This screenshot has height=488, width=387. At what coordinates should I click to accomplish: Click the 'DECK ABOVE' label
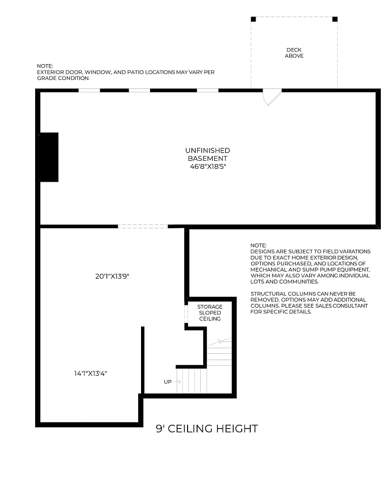(x=294, y=53)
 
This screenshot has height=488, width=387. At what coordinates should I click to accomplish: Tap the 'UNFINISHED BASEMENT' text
(x=207, y=155)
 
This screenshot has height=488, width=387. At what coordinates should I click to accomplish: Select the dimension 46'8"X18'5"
(x=207, y=166)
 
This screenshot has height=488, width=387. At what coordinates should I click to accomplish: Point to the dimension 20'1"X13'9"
(x=112, y=276)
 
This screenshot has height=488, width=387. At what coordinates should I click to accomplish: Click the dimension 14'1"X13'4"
(x=90, y=373)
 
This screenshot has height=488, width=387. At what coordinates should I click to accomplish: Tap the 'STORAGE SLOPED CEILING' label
(x=209, y=312)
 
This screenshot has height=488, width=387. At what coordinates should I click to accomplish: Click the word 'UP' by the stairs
(x=168, y=381)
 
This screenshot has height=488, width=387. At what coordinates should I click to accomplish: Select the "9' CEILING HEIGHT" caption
(x=207, y=429)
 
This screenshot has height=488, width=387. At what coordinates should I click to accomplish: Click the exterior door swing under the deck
(x=272, y=96)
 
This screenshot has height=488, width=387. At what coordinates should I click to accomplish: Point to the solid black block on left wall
(x=49, y=157)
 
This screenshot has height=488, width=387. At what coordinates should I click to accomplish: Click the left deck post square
(x=253, y=20)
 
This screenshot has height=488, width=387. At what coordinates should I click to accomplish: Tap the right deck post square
(x=335, y=20)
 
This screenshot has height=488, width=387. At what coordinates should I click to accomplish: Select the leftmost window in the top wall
(x=89, y=90)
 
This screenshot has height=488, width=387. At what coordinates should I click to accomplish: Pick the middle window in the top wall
(x=140, y=90)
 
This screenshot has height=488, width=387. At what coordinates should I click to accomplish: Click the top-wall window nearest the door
(x=208, y=90)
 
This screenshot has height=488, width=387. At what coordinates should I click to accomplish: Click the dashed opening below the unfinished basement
(x=142, y=226)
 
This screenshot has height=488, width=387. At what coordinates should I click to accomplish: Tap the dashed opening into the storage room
(x=187, y=314)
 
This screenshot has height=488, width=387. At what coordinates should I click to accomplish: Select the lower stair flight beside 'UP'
(x=191, y=381)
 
